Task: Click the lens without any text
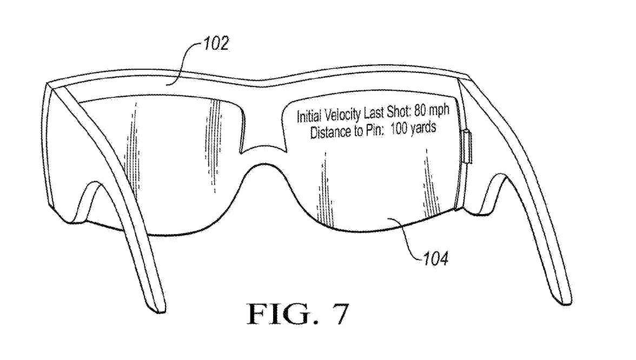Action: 162,162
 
